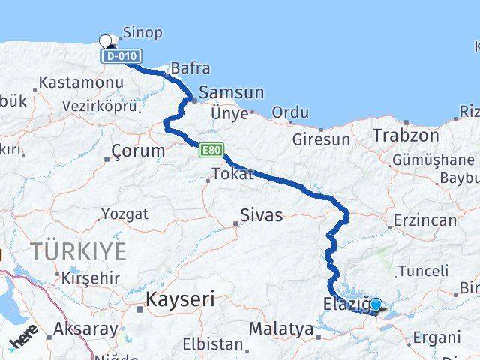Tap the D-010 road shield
121,56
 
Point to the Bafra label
190,68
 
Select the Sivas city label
261,216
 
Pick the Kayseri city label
179,298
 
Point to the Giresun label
321,139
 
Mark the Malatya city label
280,328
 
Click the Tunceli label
424,271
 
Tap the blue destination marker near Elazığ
376,304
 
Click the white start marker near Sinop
106,41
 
